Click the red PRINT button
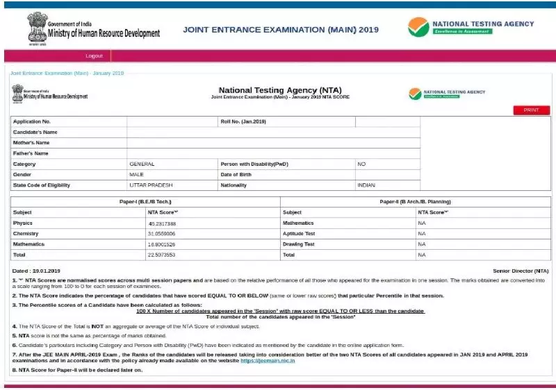[x=531, y=110]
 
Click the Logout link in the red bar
[x=94, y=56]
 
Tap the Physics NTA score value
[x=162, y=223]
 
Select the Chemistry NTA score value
[x=162, y=234]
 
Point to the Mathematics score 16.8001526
[x=162, y=244]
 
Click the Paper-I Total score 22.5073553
[x=162, y=255]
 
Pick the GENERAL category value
[x=142, y=164]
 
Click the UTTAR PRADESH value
[x=150, y=185]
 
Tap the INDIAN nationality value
[x=366, y=185]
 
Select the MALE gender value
[x=136, y=174]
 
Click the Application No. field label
[x=31, y=121]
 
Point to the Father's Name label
[x=31, y=153]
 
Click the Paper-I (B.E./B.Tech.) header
[x=145, y=201]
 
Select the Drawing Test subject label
[x=299, y=244]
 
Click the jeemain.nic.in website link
[x=268, y=361]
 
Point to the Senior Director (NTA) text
[x=521, y=271]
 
